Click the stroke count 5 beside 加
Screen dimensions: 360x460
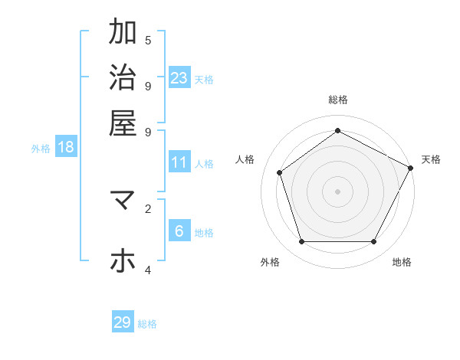coord(148,40)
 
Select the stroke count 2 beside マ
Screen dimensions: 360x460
coord(148,208)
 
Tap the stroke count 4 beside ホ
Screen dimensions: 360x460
coord(148,270)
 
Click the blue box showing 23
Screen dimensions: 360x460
coord(179,77)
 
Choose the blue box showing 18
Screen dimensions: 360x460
coord(66,147)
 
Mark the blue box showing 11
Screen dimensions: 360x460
coord(179,162)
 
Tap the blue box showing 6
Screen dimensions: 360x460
coord(179,231)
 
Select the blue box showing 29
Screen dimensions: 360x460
coord(123,322)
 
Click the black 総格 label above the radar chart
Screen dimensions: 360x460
coord(338,100)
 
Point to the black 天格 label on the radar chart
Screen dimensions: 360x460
coord(431,159)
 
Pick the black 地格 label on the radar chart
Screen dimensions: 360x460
coord(402,262)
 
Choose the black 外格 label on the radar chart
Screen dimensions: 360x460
coord(270,262)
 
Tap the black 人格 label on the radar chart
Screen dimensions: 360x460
coord(245,159)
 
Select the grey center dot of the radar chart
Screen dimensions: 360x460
coord(338,191)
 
